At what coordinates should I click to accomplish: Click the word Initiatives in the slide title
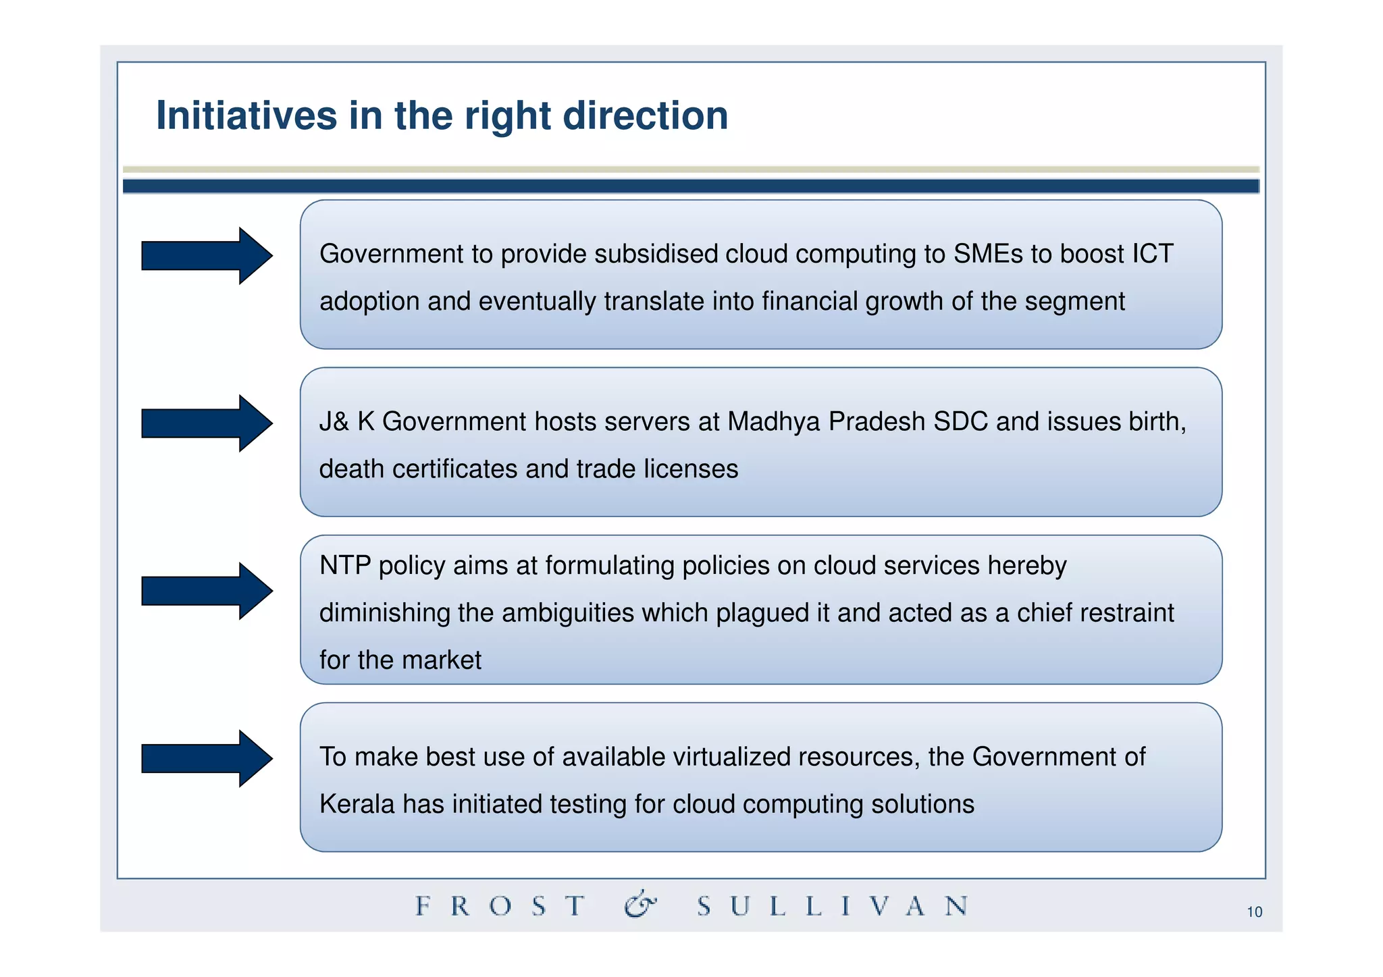(246, 115)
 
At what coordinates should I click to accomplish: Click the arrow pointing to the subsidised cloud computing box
(207, 256)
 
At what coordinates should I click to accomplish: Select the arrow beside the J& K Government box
(207, 423)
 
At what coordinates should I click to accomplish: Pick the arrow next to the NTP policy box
(207, 591)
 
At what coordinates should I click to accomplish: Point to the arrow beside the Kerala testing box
(207, 758)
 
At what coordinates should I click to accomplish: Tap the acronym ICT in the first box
(1152, 254)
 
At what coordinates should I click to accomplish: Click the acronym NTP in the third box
(345, 565)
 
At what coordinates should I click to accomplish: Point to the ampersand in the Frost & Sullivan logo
(640, 905)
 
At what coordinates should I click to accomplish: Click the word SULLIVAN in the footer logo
(832, 905)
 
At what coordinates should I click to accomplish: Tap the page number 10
(1254, 912)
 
